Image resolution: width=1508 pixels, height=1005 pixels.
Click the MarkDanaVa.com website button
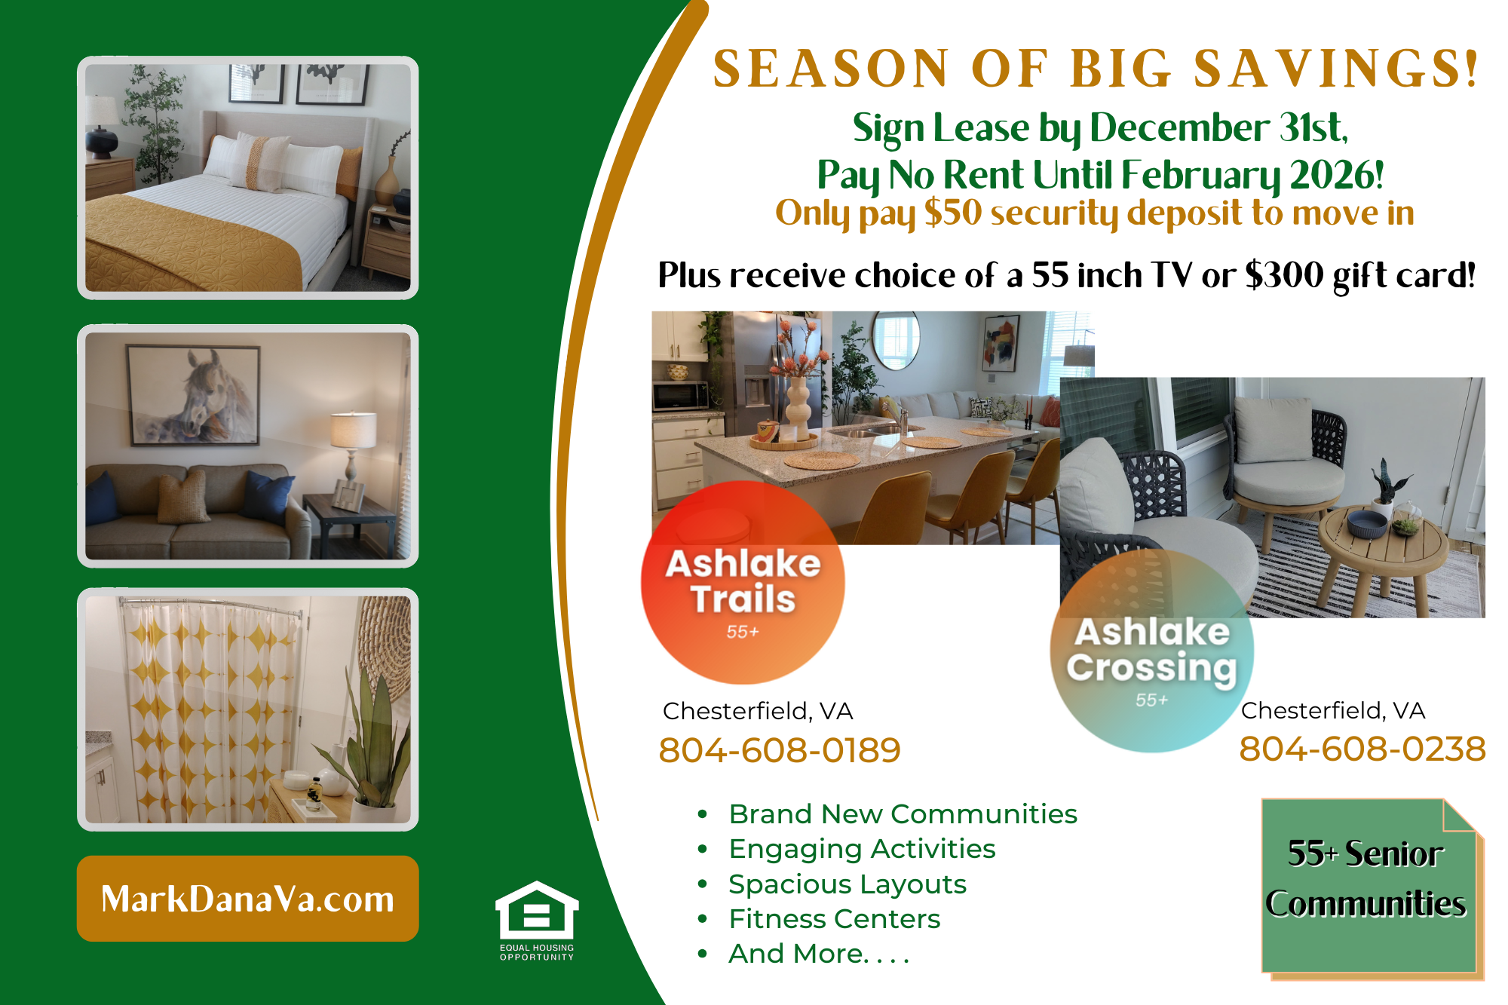[x=247, y=898]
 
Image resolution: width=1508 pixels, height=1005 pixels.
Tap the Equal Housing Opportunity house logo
[x=537, y=921]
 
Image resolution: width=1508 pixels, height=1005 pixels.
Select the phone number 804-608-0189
[x=780, y=750]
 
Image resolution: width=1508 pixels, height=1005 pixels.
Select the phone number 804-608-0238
[x=1362, y=749]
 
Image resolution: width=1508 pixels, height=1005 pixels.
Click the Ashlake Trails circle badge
[x=743, y=582]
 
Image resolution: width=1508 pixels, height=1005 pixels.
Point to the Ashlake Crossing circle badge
[x=1152, y=651]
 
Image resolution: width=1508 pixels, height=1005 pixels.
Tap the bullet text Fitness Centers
[x=835, y=919]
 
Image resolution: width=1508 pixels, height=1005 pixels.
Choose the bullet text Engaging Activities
[x=862, y=849]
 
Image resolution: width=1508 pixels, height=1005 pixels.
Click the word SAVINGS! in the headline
[x=1336, y=69]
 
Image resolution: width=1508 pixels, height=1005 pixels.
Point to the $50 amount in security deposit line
[x=953, y=213]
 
